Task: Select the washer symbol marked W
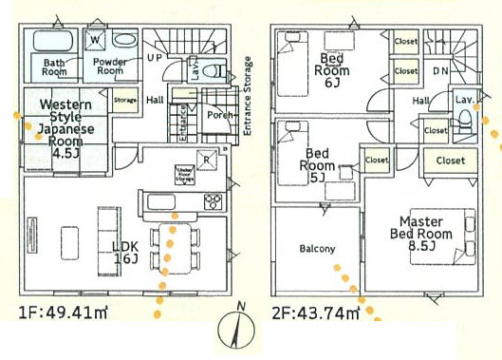coord(96,40)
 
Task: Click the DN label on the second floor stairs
coord(440,71)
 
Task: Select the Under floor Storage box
coord(184,173)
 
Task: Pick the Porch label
coord(219,115)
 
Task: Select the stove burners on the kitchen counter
coord(212,201)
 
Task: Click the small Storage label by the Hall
coord(125,98)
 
